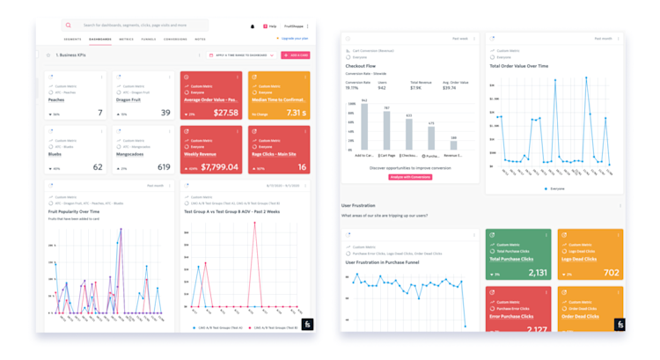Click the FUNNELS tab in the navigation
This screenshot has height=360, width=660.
coord(149,40)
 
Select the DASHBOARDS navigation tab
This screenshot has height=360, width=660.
coord(100,40)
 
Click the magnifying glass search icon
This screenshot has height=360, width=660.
coord(69,26)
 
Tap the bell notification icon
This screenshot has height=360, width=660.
coord(253,26)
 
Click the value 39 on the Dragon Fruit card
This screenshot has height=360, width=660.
coord(165,113)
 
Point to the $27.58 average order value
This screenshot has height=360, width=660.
coord(226,113)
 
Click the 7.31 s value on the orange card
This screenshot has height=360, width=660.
coord(297,113)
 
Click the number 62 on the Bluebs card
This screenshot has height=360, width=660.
coord(98,167)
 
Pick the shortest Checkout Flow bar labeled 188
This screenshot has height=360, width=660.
coord(453,145)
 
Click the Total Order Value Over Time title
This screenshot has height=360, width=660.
coord(519,66)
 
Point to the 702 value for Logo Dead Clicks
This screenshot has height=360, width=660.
coord(610,273)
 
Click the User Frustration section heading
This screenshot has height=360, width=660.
coord(358,205)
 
